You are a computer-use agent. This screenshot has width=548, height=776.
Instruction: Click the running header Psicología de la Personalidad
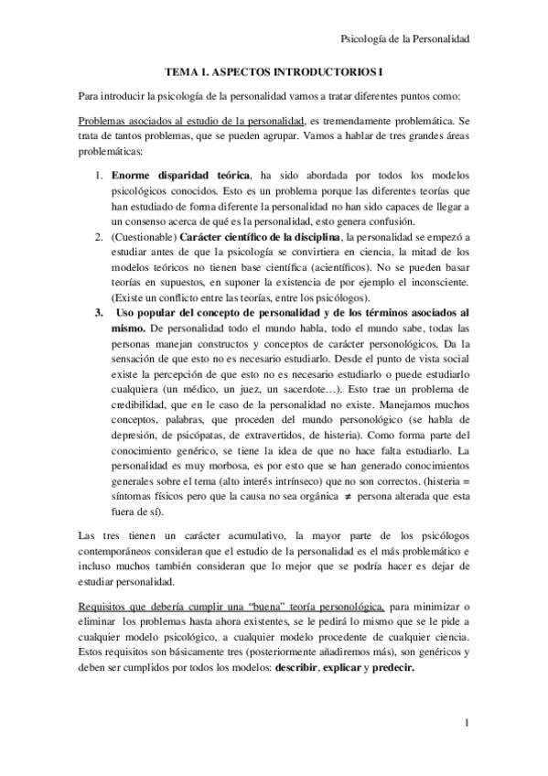tap(404, 38)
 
